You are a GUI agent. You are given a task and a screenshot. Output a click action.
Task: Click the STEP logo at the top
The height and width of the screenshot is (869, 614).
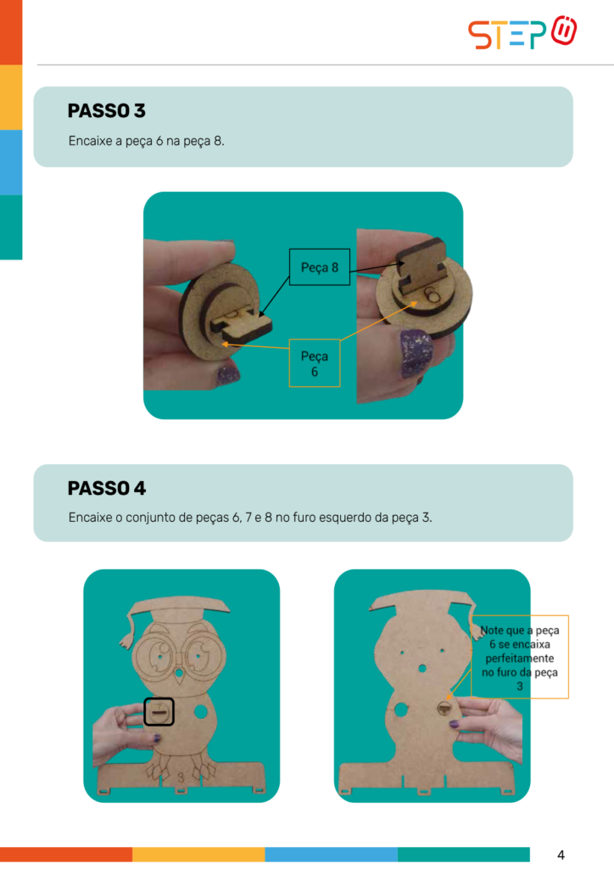[x=522, y=33]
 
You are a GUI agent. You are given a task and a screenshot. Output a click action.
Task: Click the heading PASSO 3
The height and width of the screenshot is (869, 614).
[x=106, y=111]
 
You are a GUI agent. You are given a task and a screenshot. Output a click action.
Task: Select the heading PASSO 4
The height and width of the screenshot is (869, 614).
[x=106, y=488]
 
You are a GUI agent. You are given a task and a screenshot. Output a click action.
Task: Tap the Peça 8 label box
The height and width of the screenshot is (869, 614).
[x=320, y=267]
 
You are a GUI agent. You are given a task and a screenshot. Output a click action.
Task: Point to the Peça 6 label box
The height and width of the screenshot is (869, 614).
[x=315, y=363]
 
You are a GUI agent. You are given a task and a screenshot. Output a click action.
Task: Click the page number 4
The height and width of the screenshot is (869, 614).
[x=561, y=855]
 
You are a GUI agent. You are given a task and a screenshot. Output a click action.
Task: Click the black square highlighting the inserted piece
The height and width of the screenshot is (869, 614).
[x=159, y=712]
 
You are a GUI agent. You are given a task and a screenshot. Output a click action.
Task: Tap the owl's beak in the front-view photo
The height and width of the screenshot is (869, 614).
[x=180, y=676]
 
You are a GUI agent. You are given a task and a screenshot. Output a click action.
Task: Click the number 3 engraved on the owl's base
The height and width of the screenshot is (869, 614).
[x=181, y=778]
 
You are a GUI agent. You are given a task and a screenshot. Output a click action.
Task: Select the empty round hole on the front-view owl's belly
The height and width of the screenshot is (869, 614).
[x=200, y=711]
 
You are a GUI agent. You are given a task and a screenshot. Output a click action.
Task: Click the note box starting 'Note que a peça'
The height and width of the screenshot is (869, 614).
[x=519, y=657]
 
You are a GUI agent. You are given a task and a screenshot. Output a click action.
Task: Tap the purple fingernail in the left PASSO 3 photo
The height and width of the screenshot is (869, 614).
[x=227, y=373]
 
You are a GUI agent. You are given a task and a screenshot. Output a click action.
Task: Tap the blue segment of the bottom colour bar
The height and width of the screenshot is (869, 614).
[x=331, y=854]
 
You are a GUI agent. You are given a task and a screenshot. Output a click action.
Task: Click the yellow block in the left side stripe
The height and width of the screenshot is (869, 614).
[x=11, y=97]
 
